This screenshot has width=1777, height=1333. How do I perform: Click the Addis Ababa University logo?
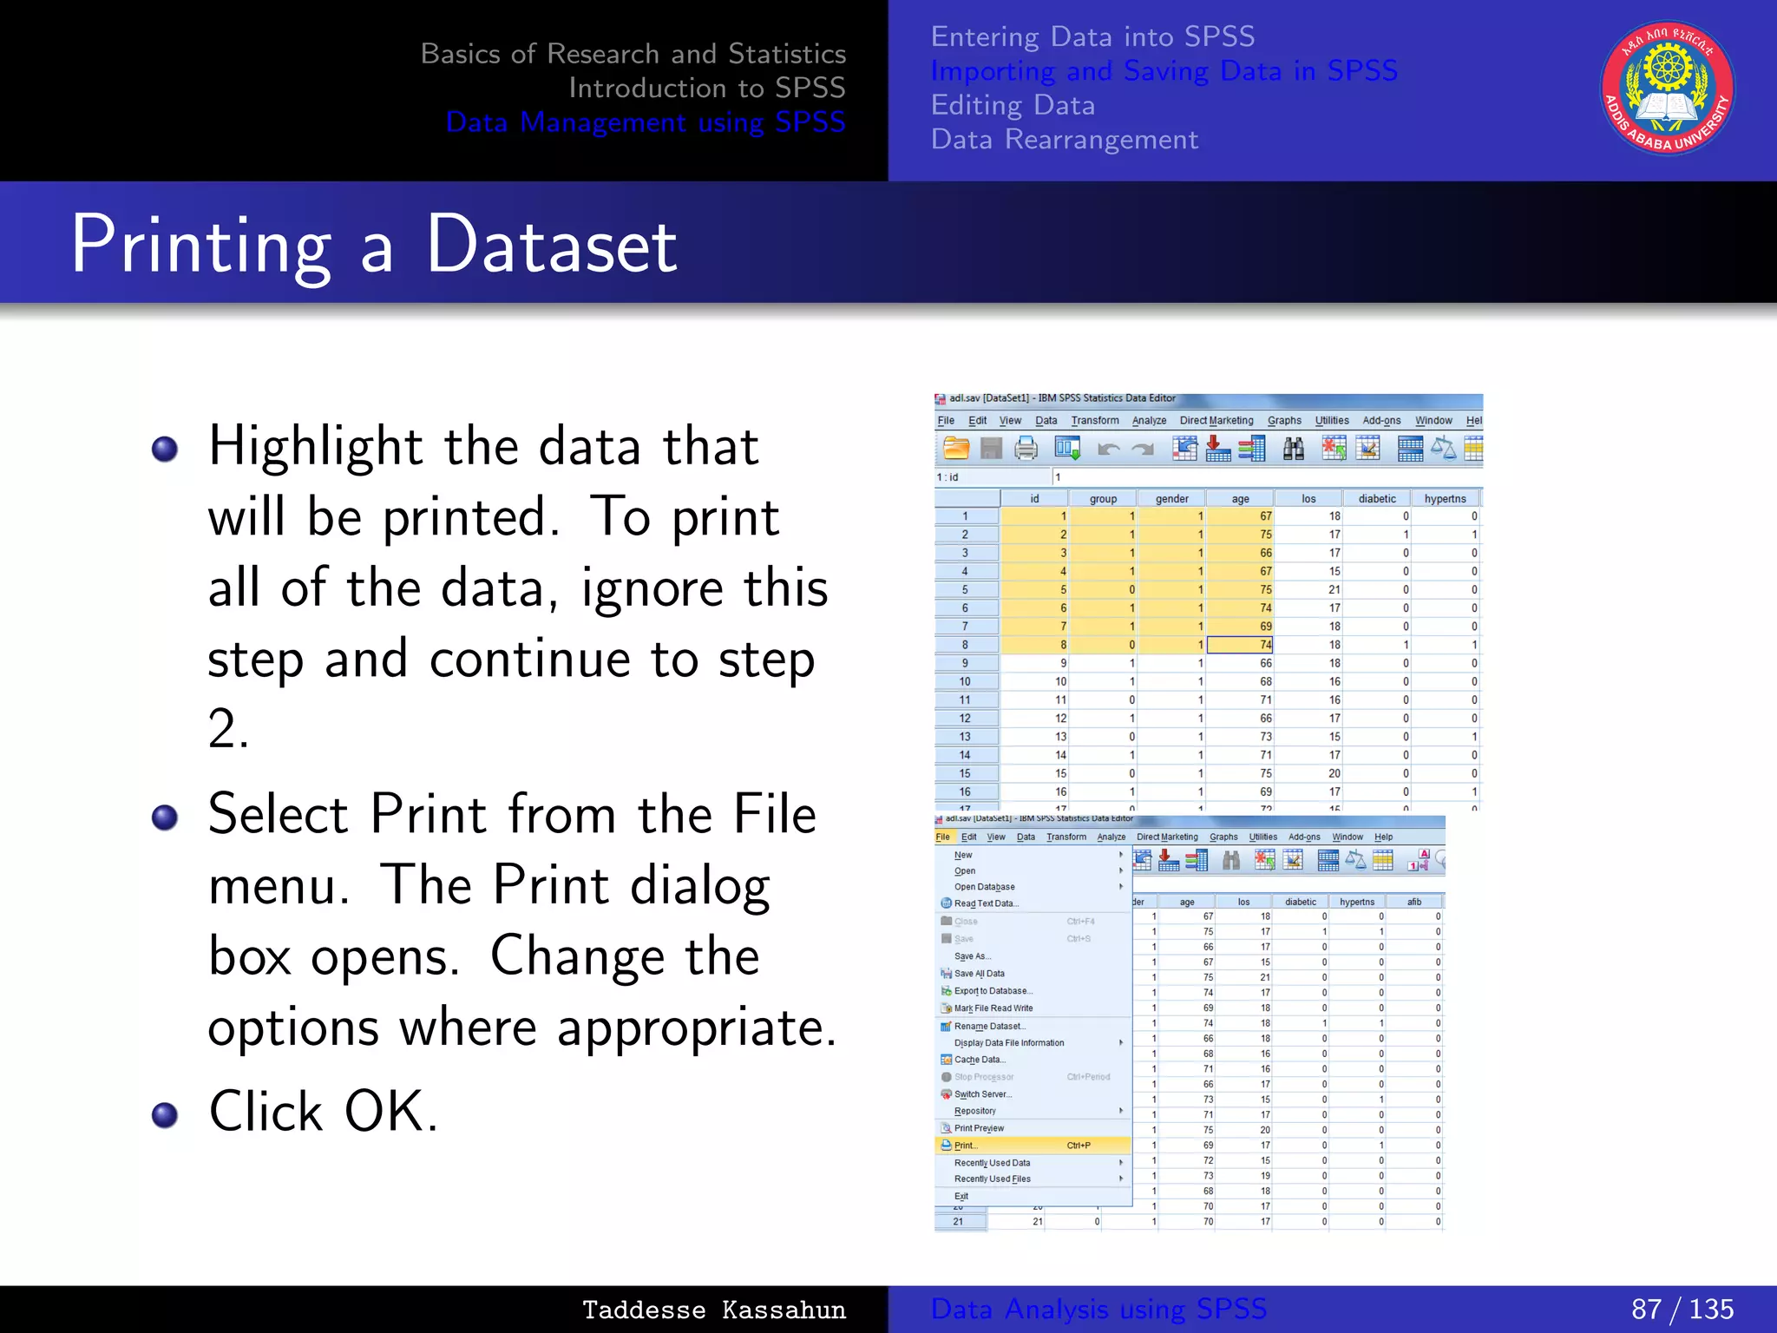pyautogui.click(x=1667, y=89)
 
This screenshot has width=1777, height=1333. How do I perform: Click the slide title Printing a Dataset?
pyautogui.click(x=374, y=246)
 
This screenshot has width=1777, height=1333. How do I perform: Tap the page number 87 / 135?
pyautogui.click(x=1682, y=1309)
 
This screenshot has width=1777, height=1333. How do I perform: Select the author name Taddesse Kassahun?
pyautogui.click(x=713, y=1310)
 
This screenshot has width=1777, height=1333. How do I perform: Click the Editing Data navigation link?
pyautogui.click(x=1013, y=106)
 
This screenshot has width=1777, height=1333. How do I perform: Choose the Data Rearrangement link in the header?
pyautogui.click(x=1064, y=140)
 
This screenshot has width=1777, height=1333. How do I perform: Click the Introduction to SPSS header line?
pyautogui.click(x=706, y=89)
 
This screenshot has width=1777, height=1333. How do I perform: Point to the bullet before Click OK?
pyautogui.click(x=165, y=1115)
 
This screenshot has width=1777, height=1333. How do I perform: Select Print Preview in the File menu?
pyautogui.click(x=979, y=1128)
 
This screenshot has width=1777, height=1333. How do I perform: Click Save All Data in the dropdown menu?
pyautogui.click(x=979, y=974)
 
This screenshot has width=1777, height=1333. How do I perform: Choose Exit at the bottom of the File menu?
pyautogui.click(x=961, y=1196)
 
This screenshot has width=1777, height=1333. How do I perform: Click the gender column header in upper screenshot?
pyautogui.click(x=1171, y=499)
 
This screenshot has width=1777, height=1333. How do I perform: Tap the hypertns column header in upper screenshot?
pyautogui.click(x=1445, y=499)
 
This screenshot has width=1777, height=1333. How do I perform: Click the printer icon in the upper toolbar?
pyautogui.click(x=1026, y=449)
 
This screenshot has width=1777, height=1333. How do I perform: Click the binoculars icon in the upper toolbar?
pyautogui.click(x=1293, y=449)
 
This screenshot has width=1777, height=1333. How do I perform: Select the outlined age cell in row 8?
pyautogui.click(x=1240, y=645)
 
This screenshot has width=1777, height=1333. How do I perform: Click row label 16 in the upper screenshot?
pyautogui.click(x=965, y=791)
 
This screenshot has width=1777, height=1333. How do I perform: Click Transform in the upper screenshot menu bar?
pyautogui.click(x=1094, y=421)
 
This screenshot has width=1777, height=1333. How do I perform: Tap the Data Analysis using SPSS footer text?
pyautogui.click(x=1098, y=1309)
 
